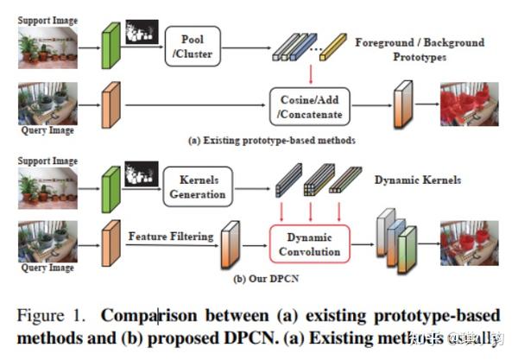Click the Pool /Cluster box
coord(192,45)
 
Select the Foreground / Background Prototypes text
coord(420,49)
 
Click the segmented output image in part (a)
coord(469,104)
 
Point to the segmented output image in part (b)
coord(469,241)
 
